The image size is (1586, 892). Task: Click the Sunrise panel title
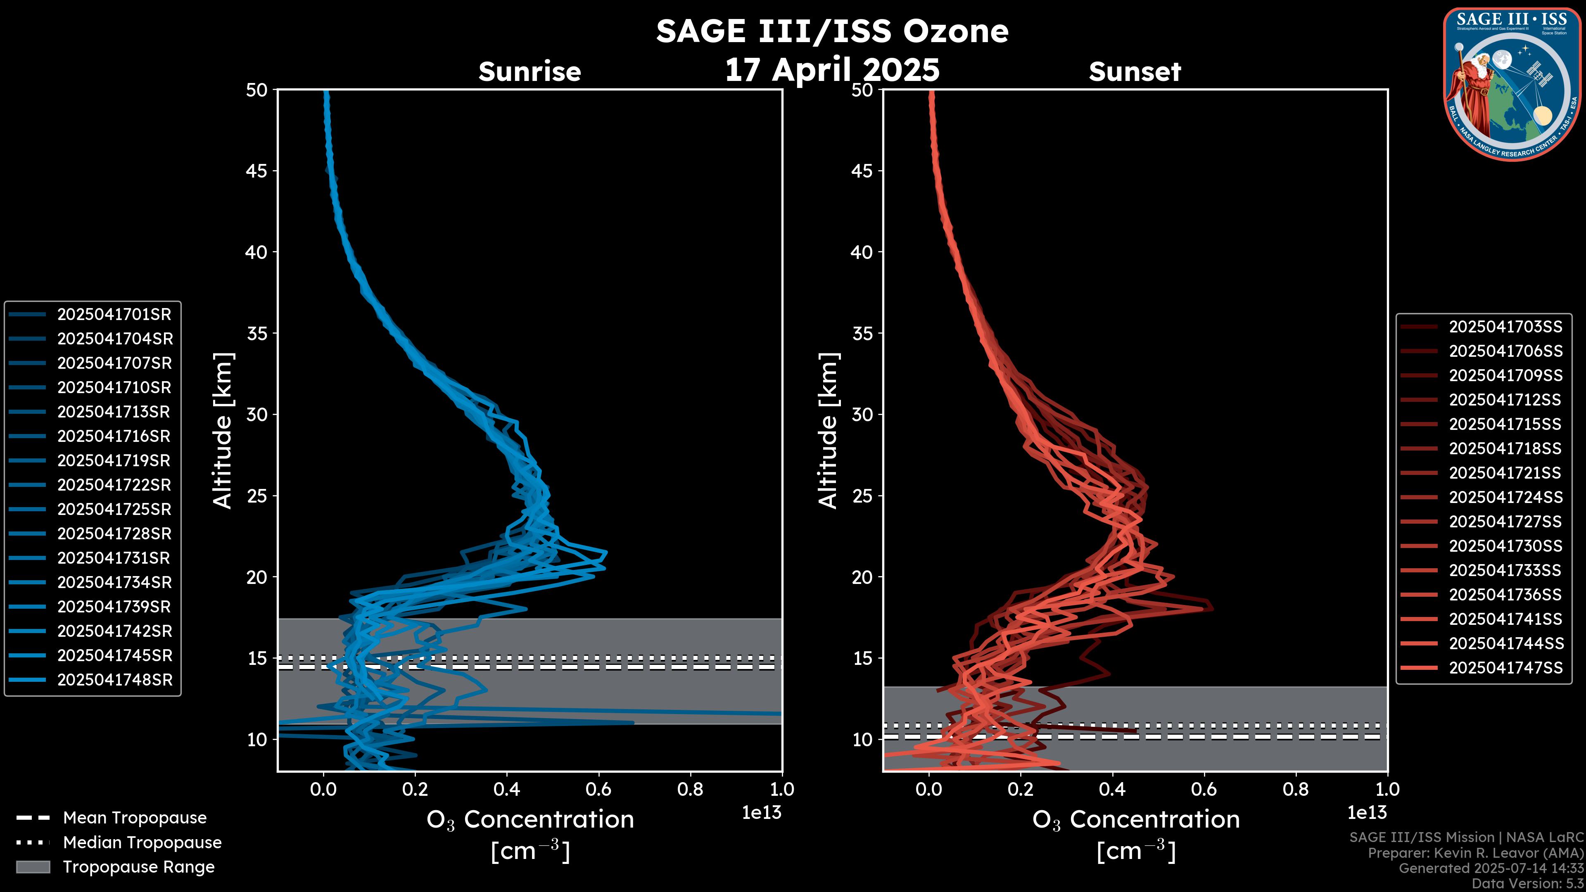tap(529, 72)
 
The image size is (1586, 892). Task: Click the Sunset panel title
tap(1135, 72)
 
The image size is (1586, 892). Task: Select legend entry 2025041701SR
tap(114, 315)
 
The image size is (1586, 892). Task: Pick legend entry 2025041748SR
tap(114, 680)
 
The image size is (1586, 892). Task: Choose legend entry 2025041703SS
tap(1505, 327)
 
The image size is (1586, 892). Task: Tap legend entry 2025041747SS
tap(1505, 668)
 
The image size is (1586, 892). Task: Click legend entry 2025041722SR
tap(114, 485)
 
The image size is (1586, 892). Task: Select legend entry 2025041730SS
tap(1505, 546)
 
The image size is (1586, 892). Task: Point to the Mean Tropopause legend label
tap(135, 818)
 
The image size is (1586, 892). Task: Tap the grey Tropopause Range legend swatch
tap(33, 867)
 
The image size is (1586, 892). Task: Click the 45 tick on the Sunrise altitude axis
tap(257, 171)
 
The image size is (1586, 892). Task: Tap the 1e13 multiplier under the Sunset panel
tap(1367, 813)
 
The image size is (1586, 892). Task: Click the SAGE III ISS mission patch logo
tap(1512, 84)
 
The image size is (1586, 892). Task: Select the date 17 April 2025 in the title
tap(832, 69)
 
